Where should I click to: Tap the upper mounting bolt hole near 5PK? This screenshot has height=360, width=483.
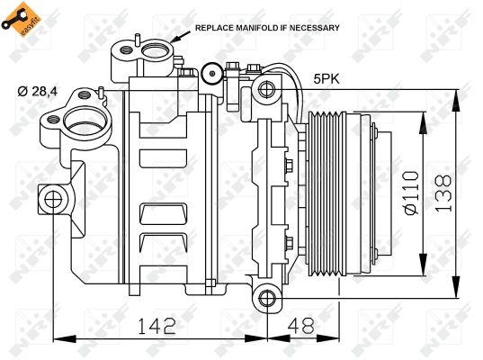click(x=264, y=89)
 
